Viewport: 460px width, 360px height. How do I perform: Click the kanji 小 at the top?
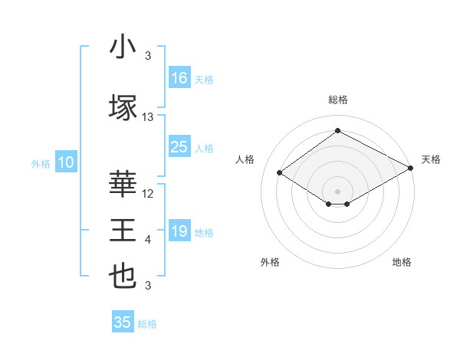coord(123,47)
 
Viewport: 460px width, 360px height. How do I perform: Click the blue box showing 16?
coord(179,78)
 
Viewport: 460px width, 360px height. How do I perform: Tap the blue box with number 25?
coord(179,147)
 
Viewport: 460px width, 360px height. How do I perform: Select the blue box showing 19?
coord(179,231)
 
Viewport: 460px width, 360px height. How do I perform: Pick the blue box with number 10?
coord(65,162)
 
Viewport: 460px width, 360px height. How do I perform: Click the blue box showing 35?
coord(123,322)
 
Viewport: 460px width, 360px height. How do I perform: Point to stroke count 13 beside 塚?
coord(148,117)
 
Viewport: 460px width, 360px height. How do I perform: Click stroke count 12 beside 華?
coord(148,194)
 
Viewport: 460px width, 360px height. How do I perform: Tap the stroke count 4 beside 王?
coord(148,241)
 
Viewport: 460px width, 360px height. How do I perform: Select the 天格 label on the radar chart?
coord(432,159)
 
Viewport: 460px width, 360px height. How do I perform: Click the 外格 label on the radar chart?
coord(270,262)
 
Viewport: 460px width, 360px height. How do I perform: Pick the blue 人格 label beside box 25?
coord(204,148)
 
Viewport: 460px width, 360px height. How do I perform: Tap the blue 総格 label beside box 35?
coord(147,324)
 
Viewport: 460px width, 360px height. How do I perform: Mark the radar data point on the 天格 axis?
coord(411,169)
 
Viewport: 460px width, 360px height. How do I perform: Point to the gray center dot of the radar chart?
coord(337,190)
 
